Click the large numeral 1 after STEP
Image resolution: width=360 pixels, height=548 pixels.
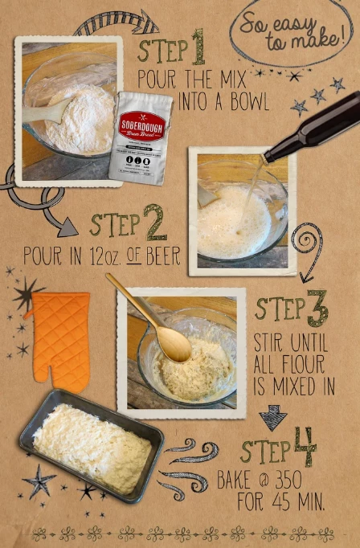coord(198,51)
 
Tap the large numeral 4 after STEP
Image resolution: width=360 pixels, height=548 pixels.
coord(305,448)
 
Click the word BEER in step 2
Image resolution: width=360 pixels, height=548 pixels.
coord(160,258)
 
